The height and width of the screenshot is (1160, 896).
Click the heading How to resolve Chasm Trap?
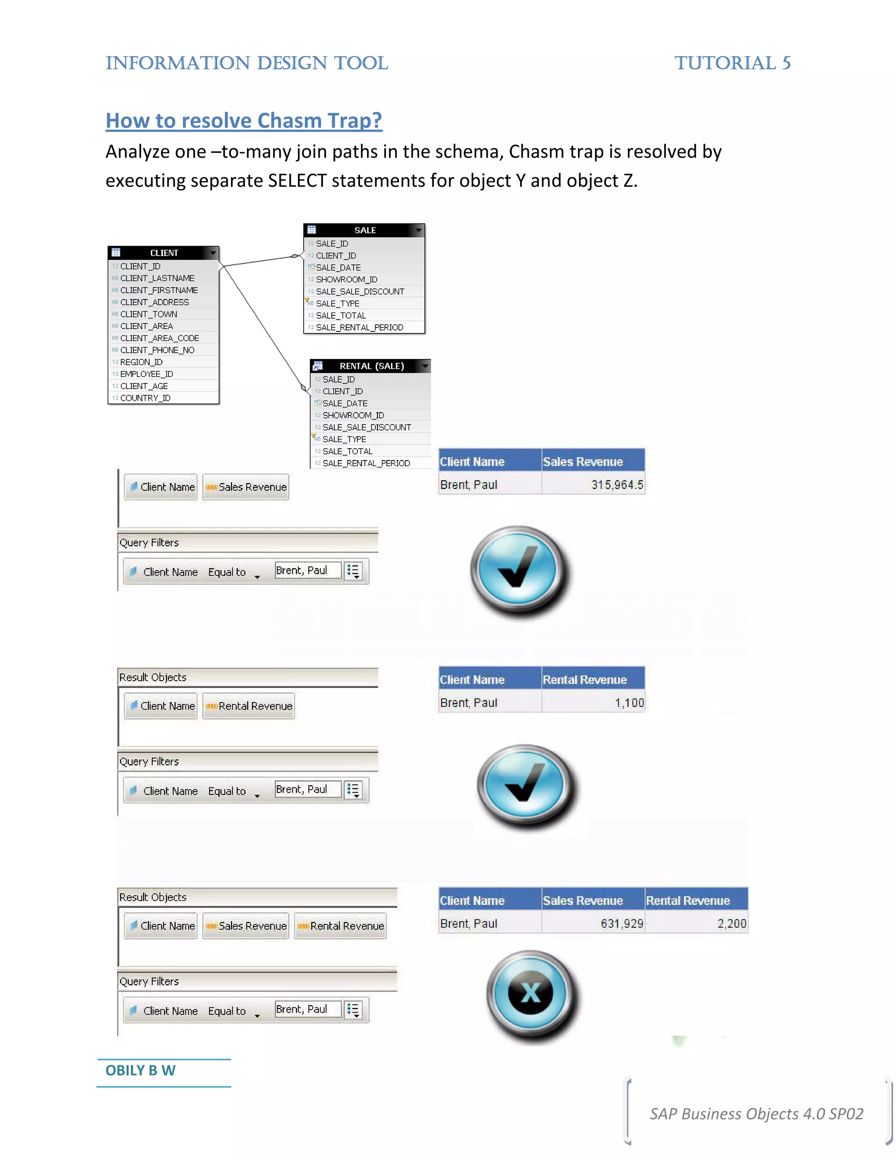tap(244, 120)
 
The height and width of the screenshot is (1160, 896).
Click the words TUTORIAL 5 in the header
tap(732, 63)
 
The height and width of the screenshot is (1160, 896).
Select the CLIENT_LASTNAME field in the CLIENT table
tap(157, 278)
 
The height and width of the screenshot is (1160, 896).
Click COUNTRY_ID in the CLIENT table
tap(145, 398)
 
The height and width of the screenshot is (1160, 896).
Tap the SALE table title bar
tap(365, 230)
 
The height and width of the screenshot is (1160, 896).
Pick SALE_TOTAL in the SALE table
tap(341, 316)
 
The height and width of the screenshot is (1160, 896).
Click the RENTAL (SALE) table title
tap(371, 366)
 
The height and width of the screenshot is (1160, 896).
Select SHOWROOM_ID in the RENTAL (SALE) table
tap(353, 415)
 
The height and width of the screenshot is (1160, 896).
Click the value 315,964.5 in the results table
tap(617, 485)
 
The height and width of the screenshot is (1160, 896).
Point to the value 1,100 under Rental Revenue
tap(629, 703)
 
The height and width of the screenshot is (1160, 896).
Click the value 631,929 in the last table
tap(622, 924)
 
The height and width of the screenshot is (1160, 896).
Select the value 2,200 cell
tap(731, 924)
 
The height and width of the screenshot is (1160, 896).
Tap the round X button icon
tap(531, 993)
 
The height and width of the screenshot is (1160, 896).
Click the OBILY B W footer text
tap(140, 1070)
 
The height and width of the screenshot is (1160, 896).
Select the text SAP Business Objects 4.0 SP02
tap(756, 1113)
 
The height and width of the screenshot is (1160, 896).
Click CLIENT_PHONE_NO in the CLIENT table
tap(157, 350)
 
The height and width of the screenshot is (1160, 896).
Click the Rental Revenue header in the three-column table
tap(687, 900)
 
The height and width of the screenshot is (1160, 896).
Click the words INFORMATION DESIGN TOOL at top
tap(247, 63)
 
